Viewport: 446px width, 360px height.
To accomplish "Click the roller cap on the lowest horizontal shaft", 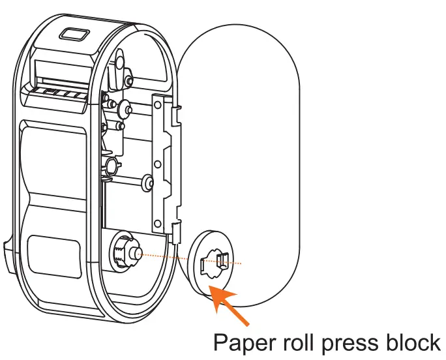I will point(147,183).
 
